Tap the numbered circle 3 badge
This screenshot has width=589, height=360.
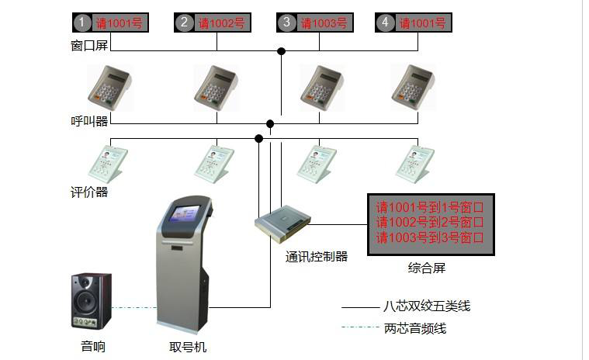click(x=287, y=22)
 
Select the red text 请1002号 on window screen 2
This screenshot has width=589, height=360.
click(x=221, y=23)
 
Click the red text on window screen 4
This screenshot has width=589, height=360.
click(x=423, y=23)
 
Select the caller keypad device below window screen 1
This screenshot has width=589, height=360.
click(x=109, y=86)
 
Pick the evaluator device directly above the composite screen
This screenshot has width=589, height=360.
click(x=414, y=163)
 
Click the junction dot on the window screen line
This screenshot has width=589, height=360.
click(x=282, y=51)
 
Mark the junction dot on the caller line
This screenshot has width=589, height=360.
click(x=270, y=123)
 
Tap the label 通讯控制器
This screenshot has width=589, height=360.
click(x=316, y=256)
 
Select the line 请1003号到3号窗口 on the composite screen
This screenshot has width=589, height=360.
click(x=430, y=237)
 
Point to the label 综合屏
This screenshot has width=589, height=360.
click(x=427, y=268)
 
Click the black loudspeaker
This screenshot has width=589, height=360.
click(x=92, y=301)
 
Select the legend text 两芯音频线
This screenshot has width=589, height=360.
click(x=415, y=328)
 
